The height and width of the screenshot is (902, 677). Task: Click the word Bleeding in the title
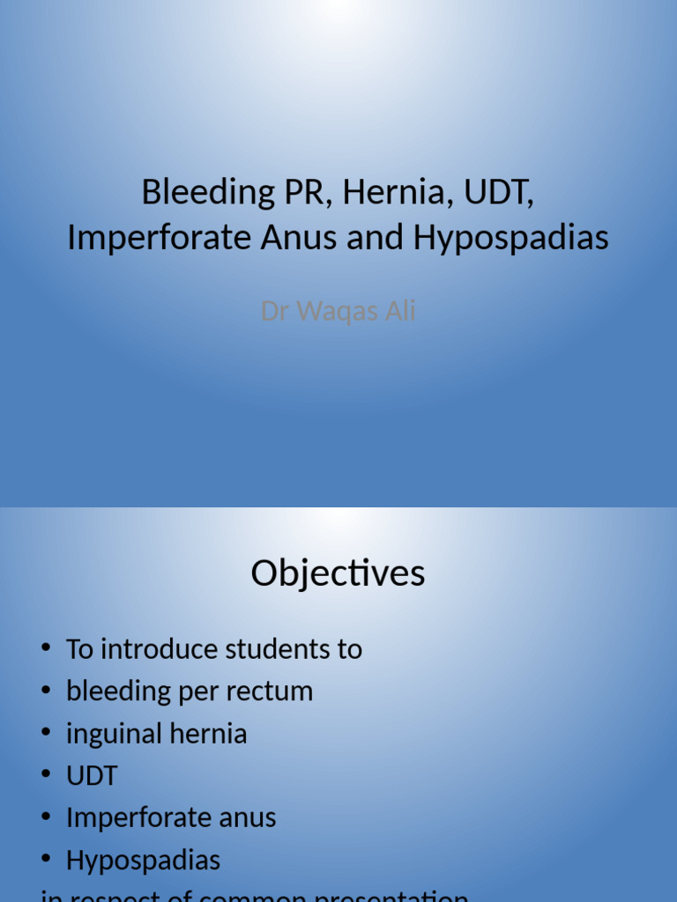(197, 193)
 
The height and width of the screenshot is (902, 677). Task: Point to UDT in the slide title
(499, 193)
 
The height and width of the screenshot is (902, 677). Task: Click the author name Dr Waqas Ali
(338, 311)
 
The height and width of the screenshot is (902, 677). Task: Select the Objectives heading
(338, 574)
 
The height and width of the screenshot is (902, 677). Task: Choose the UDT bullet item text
(92, 776)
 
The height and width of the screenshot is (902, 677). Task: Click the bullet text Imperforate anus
(171, 817)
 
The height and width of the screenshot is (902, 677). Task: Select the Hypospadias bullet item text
(143, 861)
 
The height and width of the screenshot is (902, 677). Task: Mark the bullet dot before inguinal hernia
(46, 734)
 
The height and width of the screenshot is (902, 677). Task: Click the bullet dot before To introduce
(46, 649)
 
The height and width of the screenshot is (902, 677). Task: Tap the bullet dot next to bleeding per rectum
(46, 691)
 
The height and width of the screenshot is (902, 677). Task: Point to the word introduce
(160, 649)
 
